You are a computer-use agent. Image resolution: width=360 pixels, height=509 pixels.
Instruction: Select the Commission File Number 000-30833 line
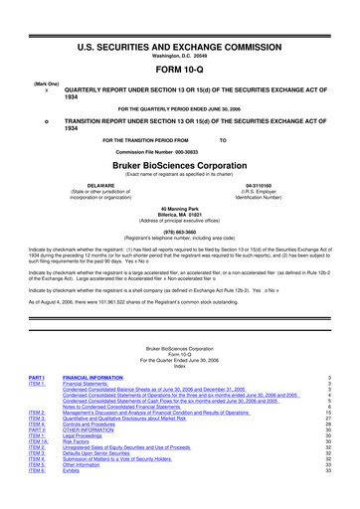(179, 150)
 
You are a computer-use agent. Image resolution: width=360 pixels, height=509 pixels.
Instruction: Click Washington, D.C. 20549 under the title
(179, 28)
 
